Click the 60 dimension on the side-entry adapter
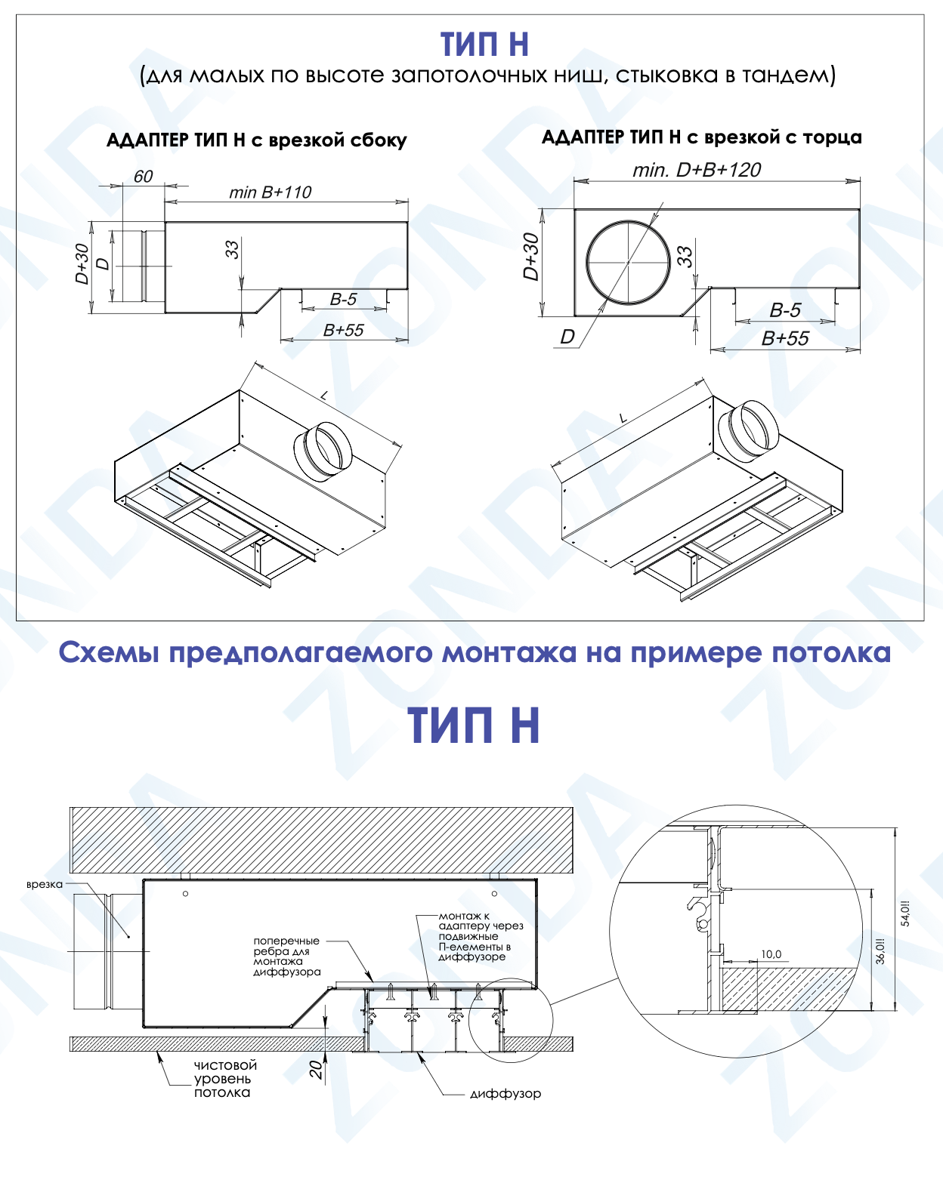[143, 177]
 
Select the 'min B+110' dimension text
[271, 193]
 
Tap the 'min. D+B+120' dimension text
[697, 171]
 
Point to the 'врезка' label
[45, 885]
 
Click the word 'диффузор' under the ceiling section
[505, 1094]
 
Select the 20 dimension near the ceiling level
[316, 1069]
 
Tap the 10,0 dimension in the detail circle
[771, 954]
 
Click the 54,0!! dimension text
[905, 913]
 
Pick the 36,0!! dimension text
[880, 951]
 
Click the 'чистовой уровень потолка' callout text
[225, 1079]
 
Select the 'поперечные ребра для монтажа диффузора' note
[286, 957]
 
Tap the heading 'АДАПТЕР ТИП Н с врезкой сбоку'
[256, 140]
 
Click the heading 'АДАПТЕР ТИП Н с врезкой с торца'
[701, 137]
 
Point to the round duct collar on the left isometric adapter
[323, 451]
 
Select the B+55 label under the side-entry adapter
[343, 330]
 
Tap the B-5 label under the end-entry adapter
[785, 310]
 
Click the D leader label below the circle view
[567, 337]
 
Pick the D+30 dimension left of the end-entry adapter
[531, 257]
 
